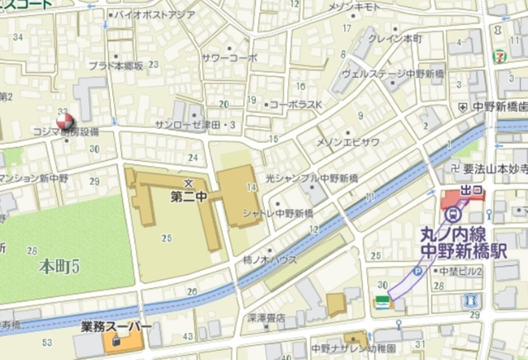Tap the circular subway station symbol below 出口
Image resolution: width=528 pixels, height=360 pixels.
451,213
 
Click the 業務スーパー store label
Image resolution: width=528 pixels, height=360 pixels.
115,327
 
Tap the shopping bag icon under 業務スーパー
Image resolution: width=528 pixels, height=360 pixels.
115,341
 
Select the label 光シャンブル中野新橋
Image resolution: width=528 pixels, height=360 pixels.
312,178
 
